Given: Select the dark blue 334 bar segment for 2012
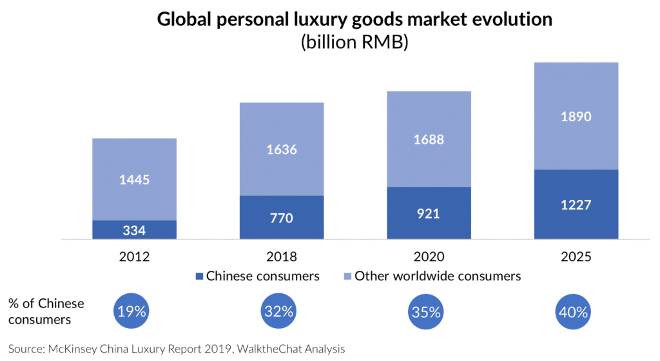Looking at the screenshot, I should [134, 230].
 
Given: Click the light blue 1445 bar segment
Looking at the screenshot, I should [134, 179].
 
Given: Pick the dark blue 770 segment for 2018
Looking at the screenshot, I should [282, 217].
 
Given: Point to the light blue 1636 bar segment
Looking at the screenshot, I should [282, 149].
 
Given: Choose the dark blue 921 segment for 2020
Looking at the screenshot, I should [429, 213].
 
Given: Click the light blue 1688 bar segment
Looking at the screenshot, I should [429, 139].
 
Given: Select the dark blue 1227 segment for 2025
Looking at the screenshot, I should [576, 204].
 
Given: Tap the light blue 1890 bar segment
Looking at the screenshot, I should [576, 116].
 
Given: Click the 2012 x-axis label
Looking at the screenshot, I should [134, 256].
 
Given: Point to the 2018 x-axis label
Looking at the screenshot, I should [282, 256].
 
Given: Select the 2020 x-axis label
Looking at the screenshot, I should [429, 256].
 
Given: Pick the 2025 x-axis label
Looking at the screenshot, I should [576, 256].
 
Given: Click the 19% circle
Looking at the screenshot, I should [131, 312].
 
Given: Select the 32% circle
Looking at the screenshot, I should [278, 312].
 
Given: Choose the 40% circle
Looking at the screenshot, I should [573, 312].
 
